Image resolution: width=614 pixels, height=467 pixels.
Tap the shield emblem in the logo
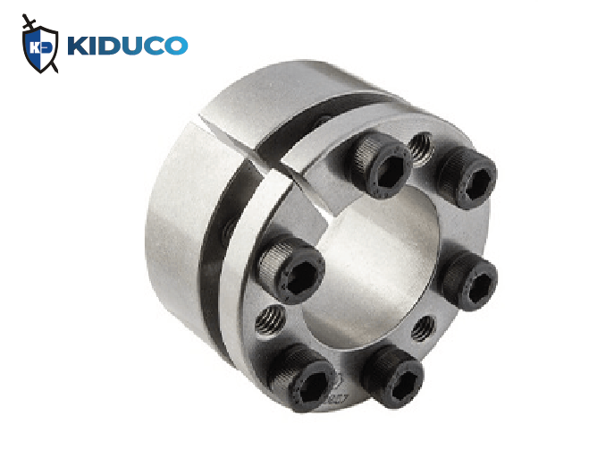[x=40, y=49]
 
